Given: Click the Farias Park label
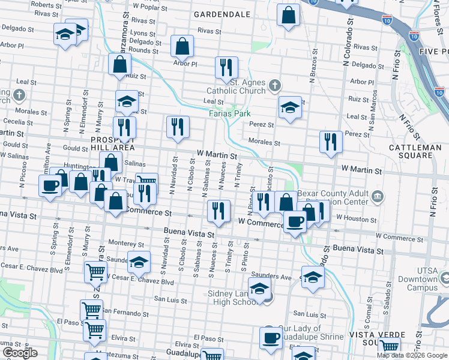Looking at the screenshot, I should click(229, 113).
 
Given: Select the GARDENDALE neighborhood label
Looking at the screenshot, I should click(215, 12).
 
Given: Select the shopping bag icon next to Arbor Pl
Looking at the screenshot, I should click(181, 46).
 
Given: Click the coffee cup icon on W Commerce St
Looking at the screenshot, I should click(295, 221).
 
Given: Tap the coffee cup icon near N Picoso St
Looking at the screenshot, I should click(50, 185).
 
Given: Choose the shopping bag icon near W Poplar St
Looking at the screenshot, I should click(289, 16).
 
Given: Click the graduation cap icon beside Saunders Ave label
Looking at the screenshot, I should click(313, 277).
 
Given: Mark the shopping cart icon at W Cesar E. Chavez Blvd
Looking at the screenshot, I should click(96, 271).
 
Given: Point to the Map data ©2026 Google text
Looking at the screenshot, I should click(411, 355).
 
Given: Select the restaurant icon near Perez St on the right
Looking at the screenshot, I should click(331, 142).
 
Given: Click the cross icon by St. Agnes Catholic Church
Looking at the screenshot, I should click(275, 85).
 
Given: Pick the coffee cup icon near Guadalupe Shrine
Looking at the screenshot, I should click(271, 337).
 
